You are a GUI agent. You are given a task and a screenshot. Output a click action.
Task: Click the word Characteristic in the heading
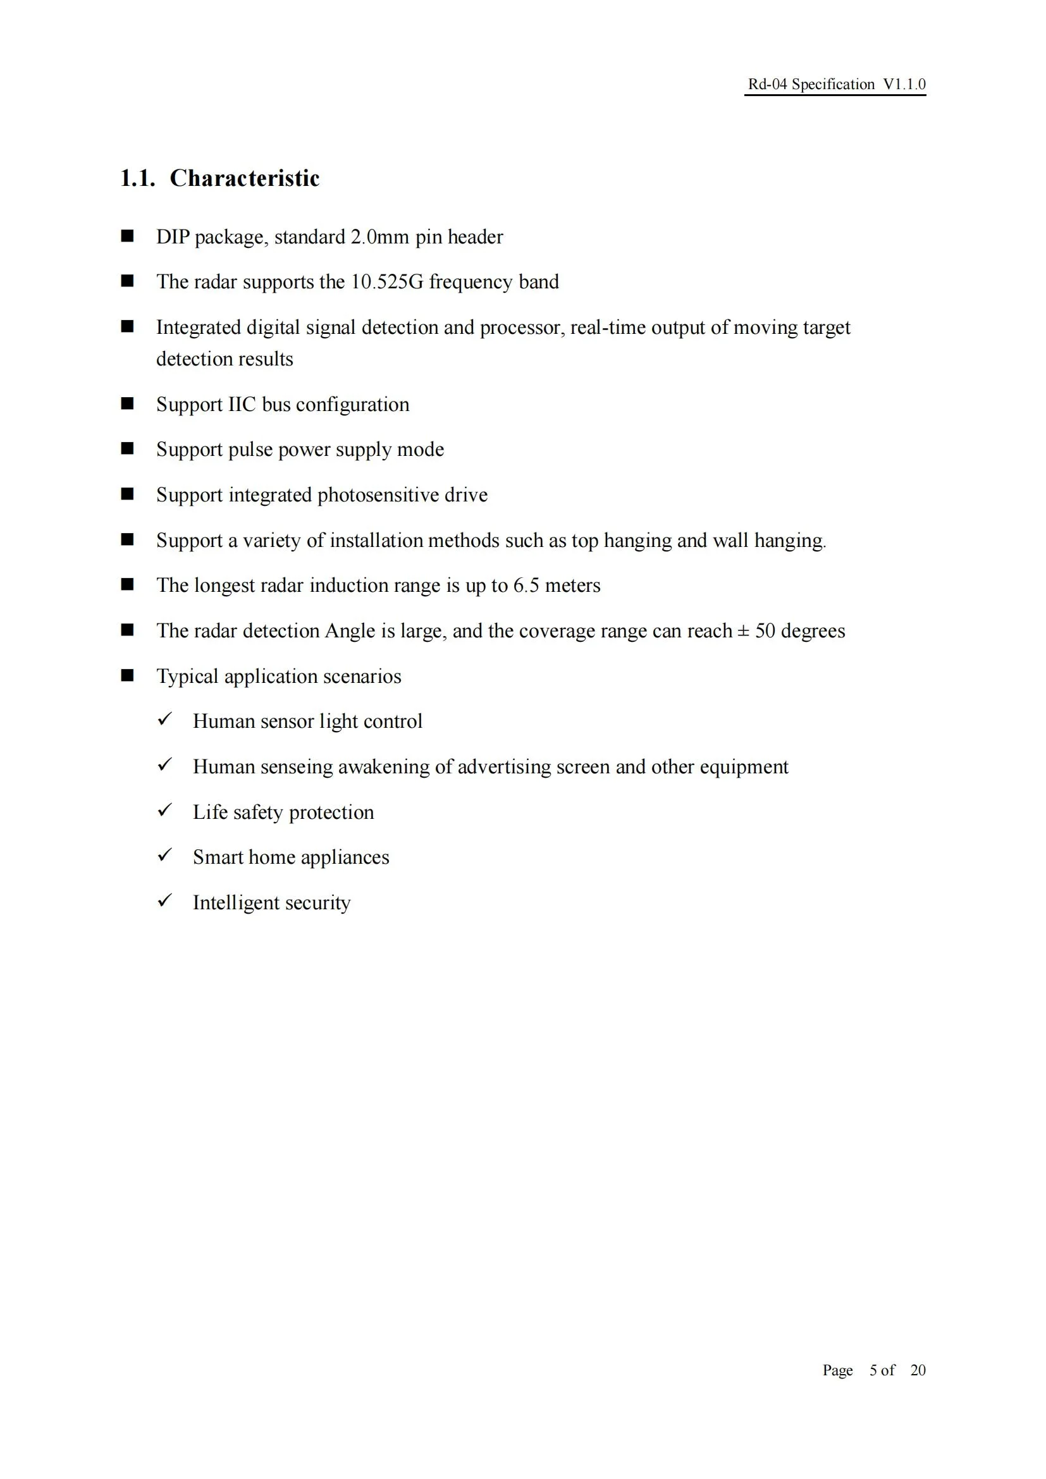pyautogui.click(x=244, y=178)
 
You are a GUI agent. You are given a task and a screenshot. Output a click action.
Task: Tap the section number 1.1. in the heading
pyautogui.click(x=138, y=178)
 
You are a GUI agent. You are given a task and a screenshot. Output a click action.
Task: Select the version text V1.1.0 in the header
pyautogui.click(x=904, y=84)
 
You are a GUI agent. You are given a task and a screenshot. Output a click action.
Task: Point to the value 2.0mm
pyautogui.click(x=379, y=237)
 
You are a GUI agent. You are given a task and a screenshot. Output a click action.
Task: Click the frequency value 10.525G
pyautogui.click(x=386, y=282)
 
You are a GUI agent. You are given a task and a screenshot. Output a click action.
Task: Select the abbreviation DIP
pyautogui.click(x=173, y=237)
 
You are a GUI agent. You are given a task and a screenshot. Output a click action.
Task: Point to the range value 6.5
pyautogui.click(x=526, y=586)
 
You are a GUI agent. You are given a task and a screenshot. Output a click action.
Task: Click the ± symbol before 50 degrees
pyautogui.click(x=742, y=630)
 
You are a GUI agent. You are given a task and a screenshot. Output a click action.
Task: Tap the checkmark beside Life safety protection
pyautogui.click(x=165, y=810)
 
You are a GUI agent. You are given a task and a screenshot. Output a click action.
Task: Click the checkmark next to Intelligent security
pyautogui.click(x=165, y=900)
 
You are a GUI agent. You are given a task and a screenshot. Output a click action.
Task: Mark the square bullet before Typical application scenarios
pyautogui.click(x=128, y=675)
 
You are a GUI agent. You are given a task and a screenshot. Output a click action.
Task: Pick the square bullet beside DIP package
pyautogui.click(x=128, y=236)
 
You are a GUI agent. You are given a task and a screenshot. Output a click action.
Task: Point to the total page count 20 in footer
pyautogui.click(x=917, y=1370)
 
